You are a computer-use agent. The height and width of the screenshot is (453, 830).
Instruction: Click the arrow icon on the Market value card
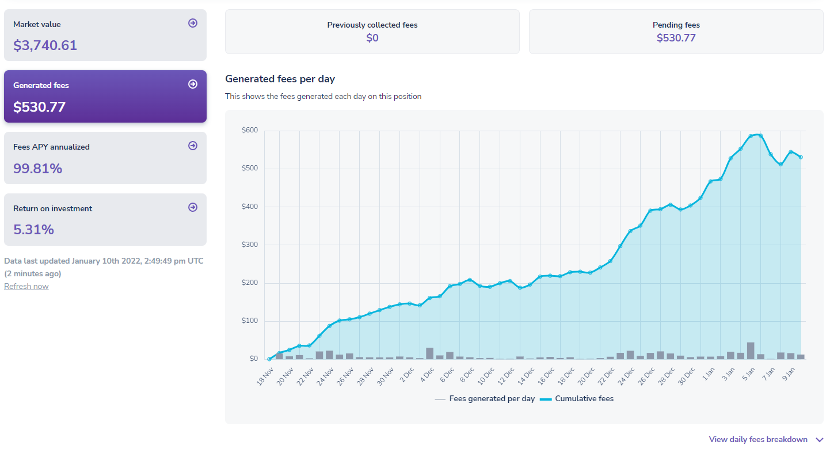coord(193,23)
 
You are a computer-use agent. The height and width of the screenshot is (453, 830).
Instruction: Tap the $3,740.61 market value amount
coord(45,45)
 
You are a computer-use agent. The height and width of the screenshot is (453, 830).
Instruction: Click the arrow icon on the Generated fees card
coord(193,84)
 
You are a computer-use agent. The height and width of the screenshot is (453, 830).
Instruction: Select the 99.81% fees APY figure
coord(37,169)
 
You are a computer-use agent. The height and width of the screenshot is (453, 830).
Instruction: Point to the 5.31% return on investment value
coord(33,230)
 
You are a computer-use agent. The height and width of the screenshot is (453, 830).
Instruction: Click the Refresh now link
coord(26,287)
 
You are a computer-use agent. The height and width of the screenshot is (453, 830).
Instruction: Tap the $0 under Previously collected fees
coord(372,38)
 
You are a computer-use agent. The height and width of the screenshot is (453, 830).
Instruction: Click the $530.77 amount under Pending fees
coord(676,38)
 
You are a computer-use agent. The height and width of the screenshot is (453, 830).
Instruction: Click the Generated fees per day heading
coord(280,79)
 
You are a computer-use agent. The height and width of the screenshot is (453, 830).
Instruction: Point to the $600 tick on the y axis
coord(250,131)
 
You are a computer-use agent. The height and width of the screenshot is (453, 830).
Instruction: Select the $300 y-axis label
coord(250,245)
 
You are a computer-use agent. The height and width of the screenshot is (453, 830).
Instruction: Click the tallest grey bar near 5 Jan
coord(751,351)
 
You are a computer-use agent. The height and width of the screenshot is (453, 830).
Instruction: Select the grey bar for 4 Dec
coord(429,353)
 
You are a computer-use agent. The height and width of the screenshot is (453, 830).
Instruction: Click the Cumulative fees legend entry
coord(577,399)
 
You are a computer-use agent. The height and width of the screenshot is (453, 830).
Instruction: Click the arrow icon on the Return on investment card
coord(193,207)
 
